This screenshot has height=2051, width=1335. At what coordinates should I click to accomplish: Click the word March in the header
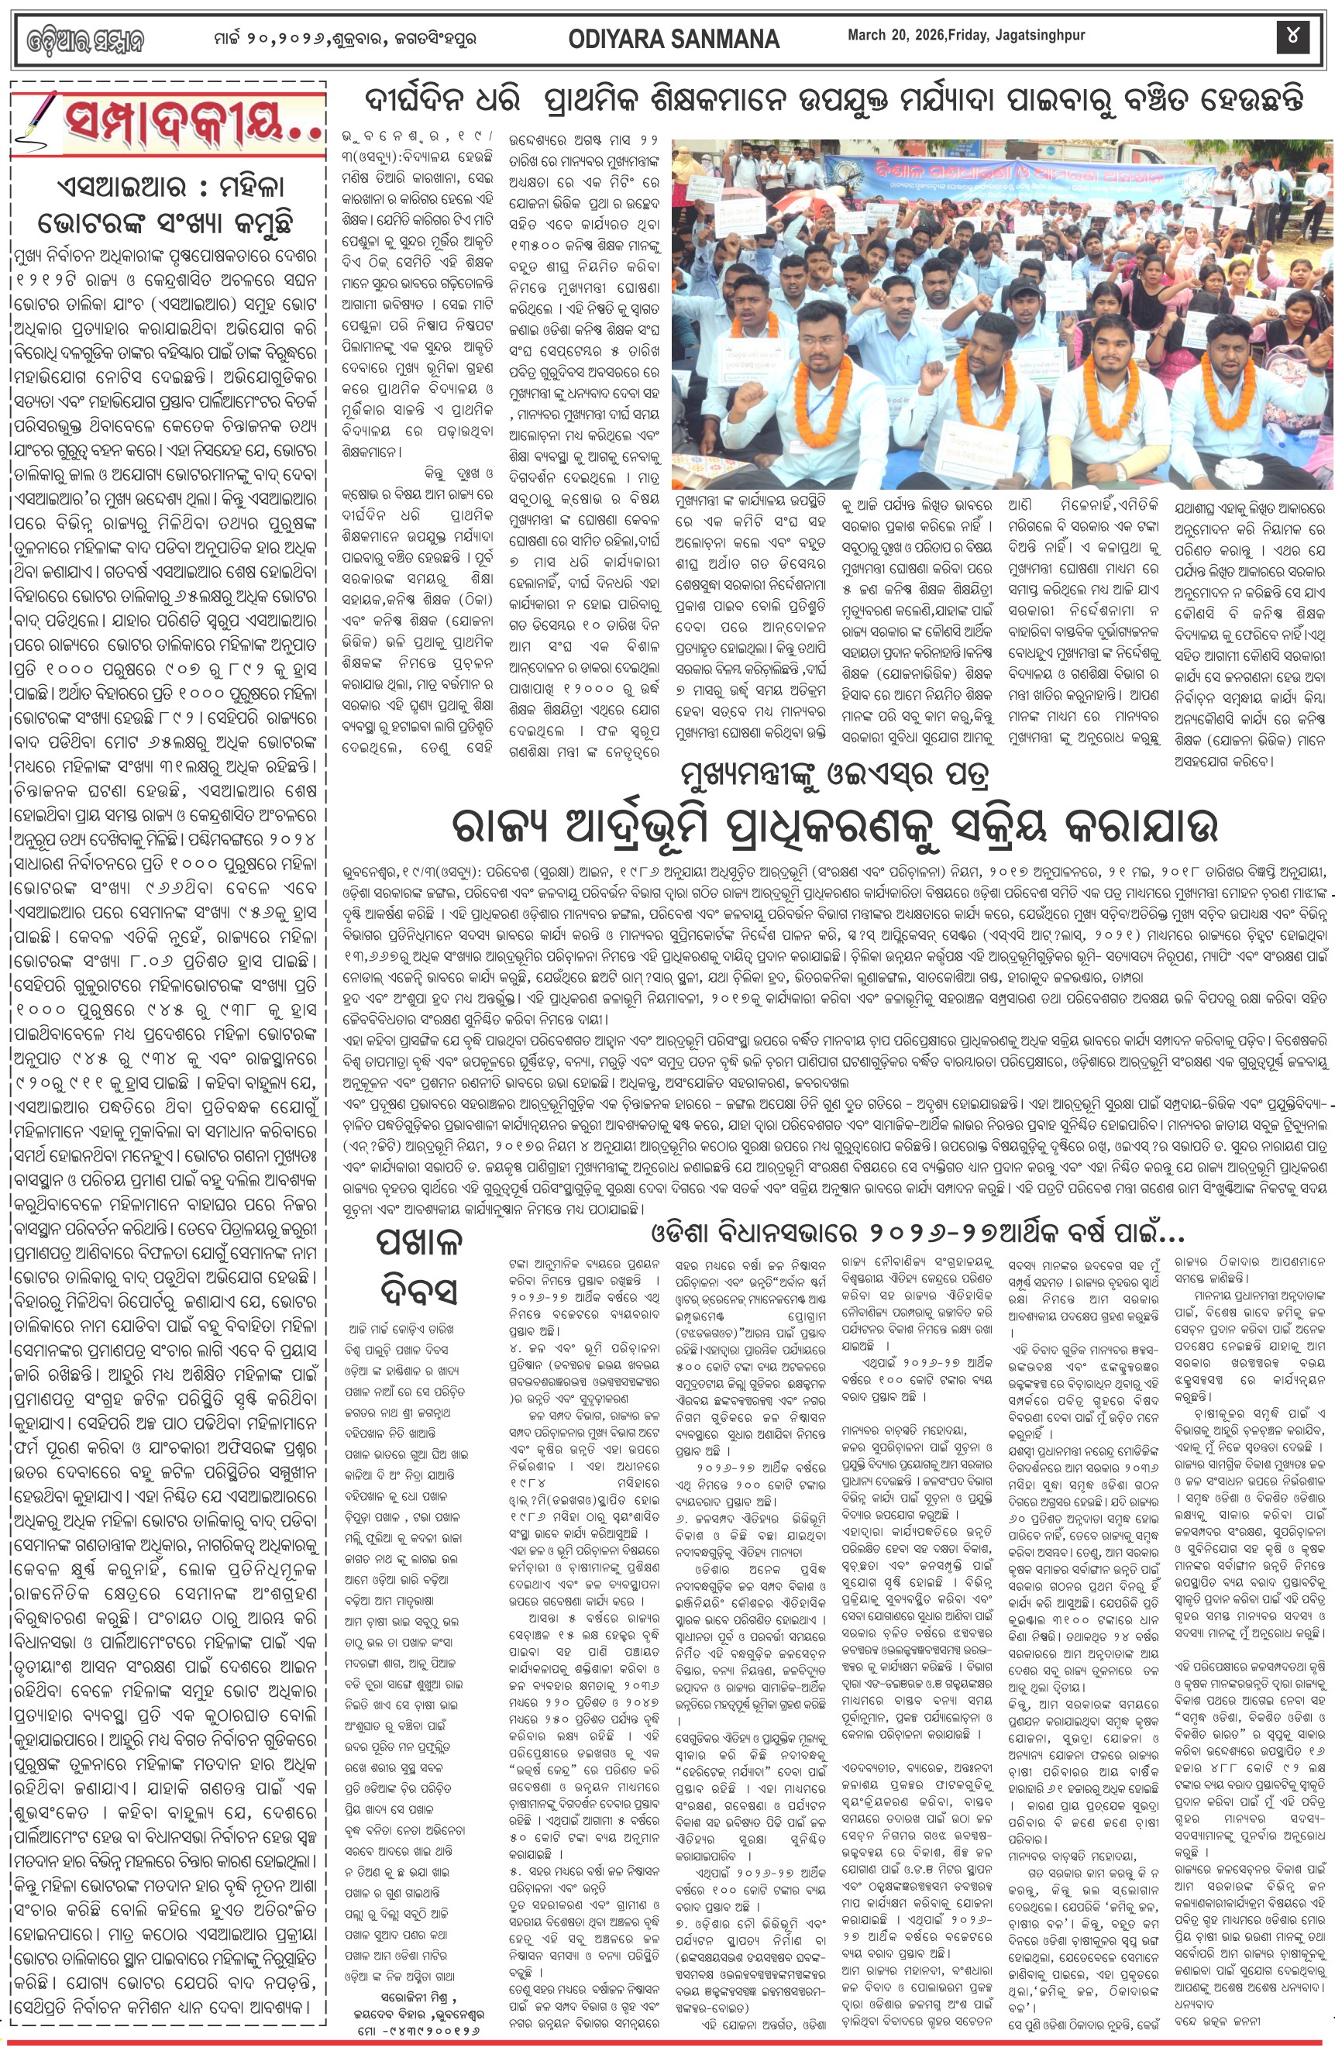(866, 36)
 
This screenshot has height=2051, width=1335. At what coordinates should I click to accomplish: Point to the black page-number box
(1292, 37)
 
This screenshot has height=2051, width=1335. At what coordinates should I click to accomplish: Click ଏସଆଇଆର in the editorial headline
(113, 188)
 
